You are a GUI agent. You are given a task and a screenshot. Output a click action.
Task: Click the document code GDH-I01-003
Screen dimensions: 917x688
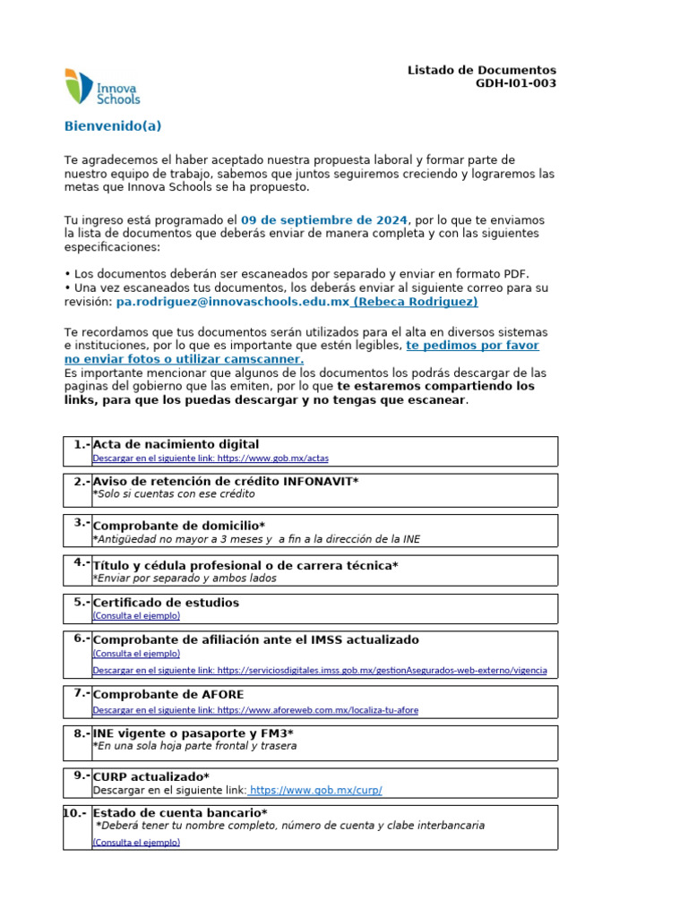pyautogui.click(x=515, y=83)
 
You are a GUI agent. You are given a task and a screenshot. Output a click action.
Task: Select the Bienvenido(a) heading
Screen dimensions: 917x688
pyautogui.click(x=113, y=126)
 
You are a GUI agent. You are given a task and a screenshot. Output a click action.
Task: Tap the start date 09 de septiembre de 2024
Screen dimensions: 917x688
pyautogui.click(x=324, y=219)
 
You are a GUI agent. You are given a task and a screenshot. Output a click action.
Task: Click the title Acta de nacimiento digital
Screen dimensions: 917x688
pyautogui.click(x=176, y=444)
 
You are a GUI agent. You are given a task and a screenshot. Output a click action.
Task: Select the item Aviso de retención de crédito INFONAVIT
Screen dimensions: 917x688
pyautogui.click(x=225, y=481)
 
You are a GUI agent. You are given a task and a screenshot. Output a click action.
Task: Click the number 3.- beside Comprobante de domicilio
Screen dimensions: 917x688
pyautogui.click(x=82, y=523)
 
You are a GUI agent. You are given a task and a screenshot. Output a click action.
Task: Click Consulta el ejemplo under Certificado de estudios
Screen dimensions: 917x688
pyautogui.click(x=136, y=616)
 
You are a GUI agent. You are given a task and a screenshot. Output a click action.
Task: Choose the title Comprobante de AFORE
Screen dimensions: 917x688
pyautogui.click(x=168, y=694)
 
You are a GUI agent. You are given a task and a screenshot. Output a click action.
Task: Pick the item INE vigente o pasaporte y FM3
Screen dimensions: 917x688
pyautogui.click(x=193, y=733)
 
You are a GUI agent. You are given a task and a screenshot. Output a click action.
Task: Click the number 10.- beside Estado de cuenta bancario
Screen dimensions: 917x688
pyautogui.click(x=76, y=813)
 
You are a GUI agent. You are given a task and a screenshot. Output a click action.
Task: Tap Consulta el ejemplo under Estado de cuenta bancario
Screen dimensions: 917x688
pyautogui.click(x=136, y=843)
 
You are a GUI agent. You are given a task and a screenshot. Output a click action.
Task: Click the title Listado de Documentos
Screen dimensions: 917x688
pyautogui.click(x=481, y=70)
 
